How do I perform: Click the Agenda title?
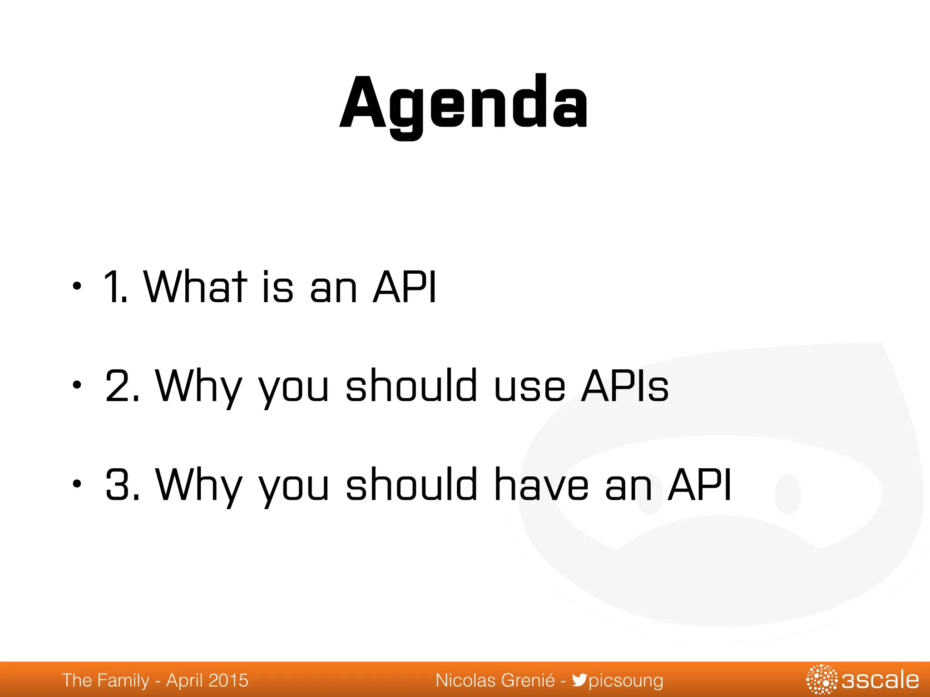tap(464, 103)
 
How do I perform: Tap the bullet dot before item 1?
tap(77, 287)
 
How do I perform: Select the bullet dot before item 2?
tap(77, 385)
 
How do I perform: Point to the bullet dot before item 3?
tap(77, 484)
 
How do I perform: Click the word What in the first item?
tap(195, 287)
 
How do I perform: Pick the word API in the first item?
tap(404, 287)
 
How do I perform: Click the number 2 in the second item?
tap(117, 386)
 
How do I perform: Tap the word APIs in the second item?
tap(625, 386)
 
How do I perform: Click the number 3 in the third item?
tap(117, 485)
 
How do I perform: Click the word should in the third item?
tap(411, 485)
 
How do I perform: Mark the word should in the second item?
tap(411, 386)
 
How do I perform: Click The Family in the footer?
tap(105, 680)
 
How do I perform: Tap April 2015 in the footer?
tap(207, 680)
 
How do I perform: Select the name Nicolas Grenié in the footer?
tap(495, 680)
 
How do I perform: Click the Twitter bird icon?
tap(579, 680)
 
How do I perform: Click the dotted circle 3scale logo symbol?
tap(821, 680)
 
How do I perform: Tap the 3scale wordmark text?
tap(880, 680)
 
